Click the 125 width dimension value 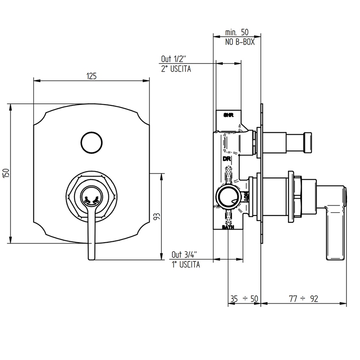coord(91,76)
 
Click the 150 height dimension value coord(6,174)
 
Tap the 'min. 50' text coord(237,33)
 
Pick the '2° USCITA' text coord(176,69)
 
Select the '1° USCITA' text coord(186,265)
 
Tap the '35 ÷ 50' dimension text coord(244,299)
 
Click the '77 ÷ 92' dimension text coord(303,299)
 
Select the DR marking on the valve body coord(226,159)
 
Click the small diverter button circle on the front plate coord(91,143)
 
